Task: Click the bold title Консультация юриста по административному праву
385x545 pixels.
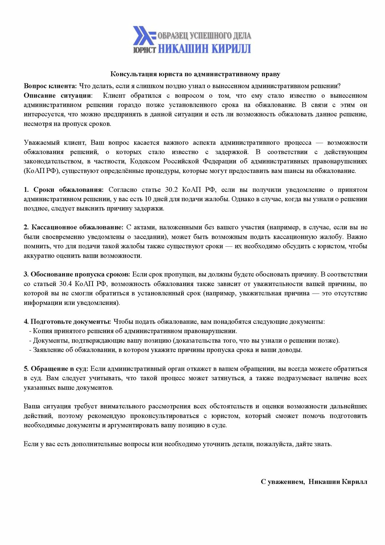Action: [x=195, y=74]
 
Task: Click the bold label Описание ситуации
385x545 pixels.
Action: [x=57, y=96]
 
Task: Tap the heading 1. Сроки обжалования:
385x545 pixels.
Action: [x=64, y=190]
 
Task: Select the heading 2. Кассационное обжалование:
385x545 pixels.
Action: [x=74, y=227]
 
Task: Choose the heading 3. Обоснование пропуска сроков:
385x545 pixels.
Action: [x=77, y=274]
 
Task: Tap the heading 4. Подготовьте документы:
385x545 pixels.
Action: [x=67, y=322]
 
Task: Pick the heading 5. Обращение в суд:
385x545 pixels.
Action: [x=56, y=369]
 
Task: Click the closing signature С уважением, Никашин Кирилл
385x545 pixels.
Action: [x=314, y=482]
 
